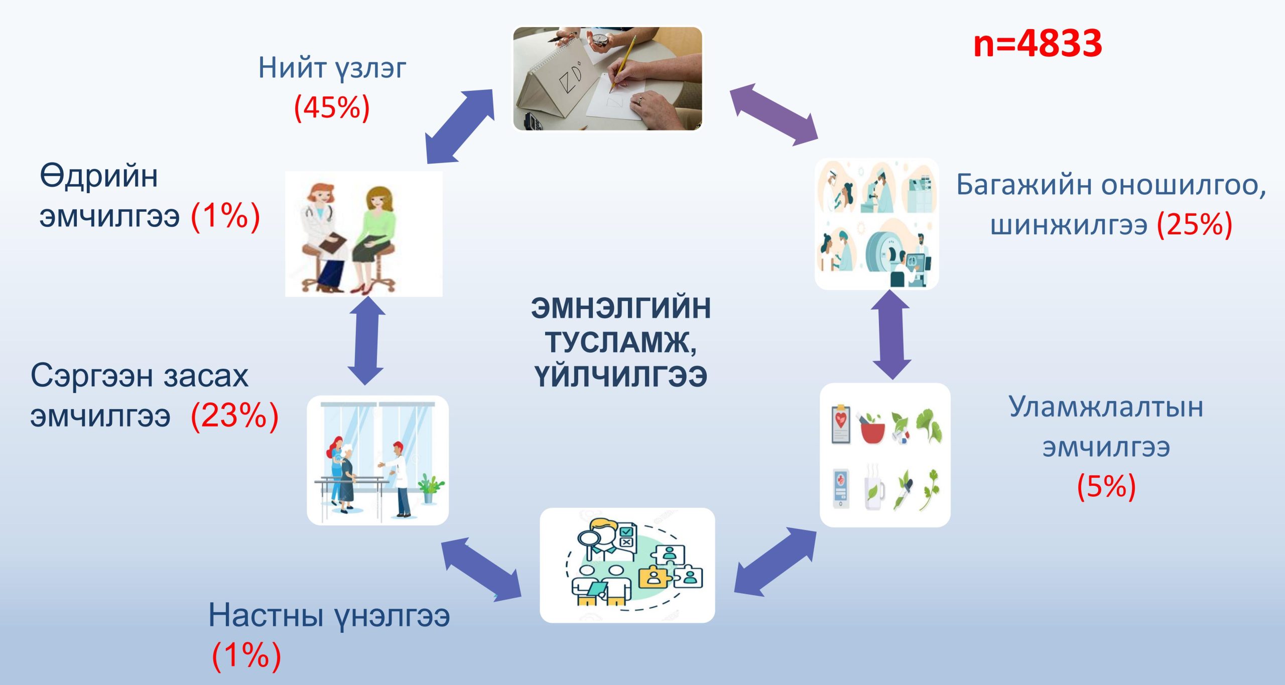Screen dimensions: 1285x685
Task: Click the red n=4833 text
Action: pyautogui.click(x=1037, y=44)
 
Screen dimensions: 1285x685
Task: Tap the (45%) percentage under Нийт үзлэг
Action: pyautogui.click(x=332, y=107)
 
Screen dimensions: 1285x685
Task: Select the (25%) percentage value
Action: pyautogui.click(x=1195, y=224)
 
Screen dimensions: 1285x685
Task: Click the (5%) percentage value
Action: pyautogui.click(x=1106, y=486)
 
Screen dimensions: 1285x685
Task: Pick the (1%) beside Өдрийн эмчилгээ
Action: pyautogui.click(x=225, y=216)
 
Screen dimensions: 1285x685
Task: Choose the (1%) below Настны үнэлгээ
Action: pyautogui.click(x=246, y=655)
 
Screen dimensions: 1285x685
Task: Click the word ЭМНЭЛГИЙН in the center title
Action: pyautogui.click(x=621, y=308)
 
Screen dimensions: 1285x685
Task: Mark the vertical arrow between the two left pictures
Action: pyautogui.click(x=366, y=341)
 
